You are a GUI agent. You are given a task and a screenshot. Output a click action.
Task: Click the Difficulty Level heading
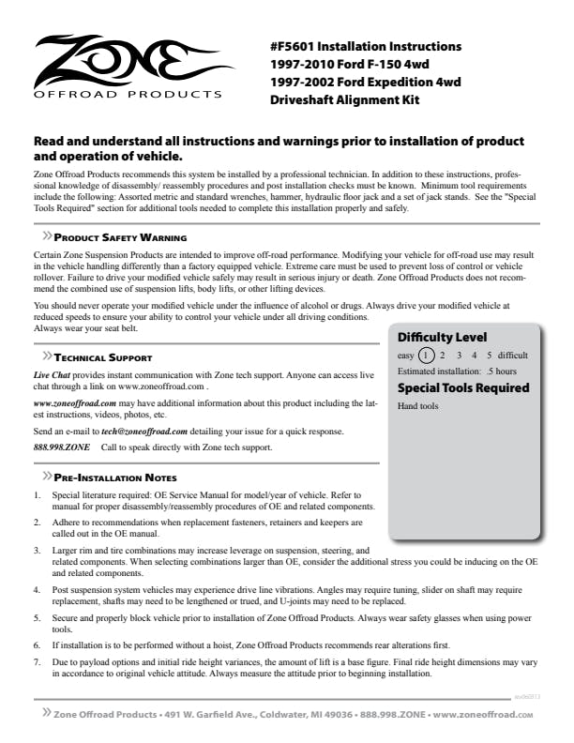tap(442, 337)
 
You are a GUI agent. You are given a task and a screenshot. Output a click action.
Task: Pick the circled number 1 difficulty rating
tap(427, 356)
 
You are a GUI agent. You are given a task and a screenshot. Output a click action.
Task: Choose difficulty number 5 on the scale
tap(489, 356)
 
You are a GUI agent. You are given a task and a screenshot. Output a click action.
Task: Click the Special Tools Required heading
tap(463, 387)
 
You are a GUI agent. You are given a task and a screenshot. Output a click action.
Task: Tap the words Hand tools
tap(418, 406)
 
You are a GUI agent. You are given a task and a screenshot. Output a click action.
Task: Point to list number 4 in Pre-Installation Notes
tap(37, 589)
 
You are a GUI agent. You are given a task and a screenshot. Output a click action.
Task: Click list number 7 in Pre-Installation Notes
tap(37, 661)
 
